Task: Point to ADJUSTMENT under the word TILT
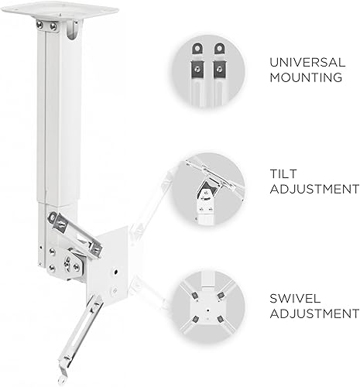[x=307, y=188]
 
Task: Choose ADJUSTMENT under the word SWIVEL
[x=307, y=314]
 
